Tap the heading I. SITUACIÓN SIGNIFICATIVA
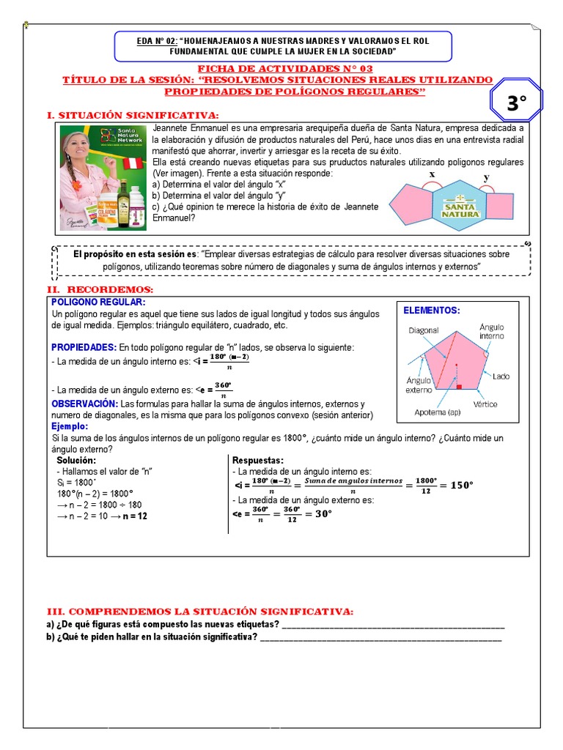coord(133,116)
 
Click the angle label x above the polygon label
coord(432,174)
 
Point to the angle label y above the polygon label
coord(486,178)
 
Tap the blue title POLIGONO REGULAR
coord(98,302)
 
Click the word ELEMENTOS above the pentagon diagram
coord(432,311)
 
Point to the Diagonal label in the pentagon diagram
coord(424,330)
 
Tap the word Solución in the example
coord(76,460)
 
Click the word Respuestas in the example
coord(257,460)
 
